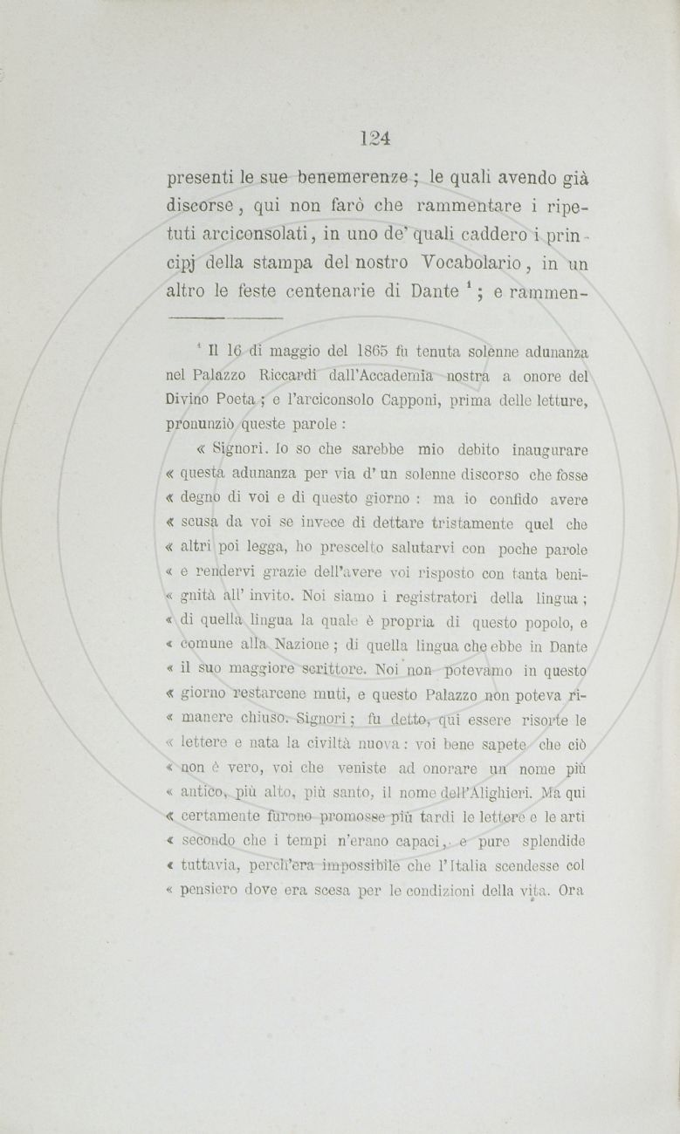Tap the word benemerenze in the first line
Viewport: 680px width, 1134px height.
[x=346, y=181]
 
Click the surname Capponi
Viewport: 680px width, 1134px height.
[x=417, y=400]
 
